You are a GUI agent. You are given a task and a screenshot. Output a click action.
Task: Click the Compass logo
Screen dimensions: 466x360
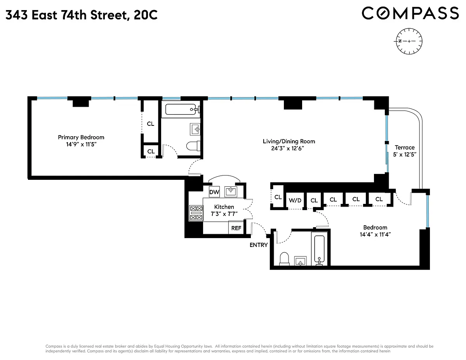[x=410, y=13]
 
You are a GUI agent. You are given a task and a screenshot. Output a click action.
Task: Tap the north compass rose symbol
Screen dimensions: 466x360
[x=409, y=41]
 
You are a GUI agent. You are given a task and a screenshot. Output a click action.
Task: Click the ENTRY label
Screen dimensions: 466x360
[x=259, y=245]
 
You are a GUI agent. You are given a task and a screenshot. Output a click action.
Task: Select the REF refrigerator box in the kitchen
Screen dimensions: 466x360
[x=236, y=228]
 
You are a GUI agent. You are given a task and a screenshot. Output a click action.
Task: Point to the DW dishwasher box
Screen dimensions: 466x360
[x=214, y=192]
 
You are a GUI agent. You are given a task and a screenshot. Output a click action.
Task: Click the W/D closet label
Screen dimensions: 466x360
[x=295, y=200]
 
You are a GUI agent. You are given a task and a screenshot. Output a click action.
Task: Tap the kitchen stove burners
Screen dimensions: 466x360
[x=196, y=213]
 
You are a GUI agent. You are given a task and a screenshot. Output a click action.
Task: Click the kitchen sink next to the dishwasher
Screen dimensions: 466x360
[x=231, y=191]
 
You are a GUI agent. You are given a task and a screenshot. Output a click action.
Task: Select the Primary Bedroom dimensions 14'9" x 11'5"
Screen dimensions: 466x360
[x=81, y=144]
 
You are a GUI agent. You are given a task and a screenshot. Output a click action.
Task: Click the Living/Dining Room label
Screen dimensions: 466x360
[x=289, y=141]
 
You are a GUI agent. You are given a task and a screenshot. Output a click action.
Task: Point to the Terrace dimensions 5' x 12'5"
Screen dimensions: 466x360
[x=405, y=155]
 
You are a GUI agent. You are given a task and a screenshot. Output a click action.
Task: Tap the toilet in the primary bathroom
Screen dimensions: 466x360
[x=193, y=146]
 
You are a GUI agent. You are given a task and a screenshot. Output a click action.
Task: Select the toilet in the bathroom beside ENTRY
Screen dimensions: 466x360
[x=284, y=259]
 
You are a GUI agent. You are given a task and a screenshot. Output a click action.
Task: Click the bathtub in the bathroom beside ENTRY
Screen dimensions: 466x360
[x=320, y=250]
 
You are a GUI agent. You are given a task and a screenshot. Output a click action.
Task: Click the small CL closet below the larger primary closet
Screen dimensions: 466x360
[x=151, y=151]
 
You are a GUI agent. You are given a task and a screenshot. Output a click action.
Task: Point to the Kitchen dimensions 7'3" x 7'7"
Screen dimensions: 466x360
[x=224, y=214]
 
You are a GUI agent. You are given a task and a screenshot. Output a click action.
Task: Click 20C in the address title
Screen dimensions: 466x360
[x=146, y=15]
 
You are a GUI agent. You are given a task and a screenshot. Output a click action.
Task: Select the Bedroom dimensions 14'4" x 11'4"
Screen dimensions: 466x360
[x=375, y=234]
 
